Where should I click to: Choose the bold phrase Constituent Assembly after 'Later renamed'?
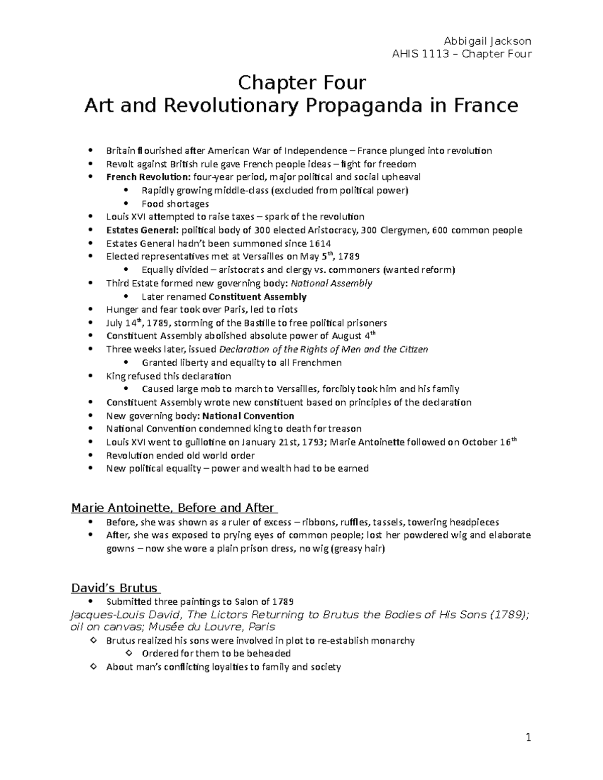click(257, 297)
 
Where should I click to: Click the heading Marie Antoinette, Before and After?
click(172, 508)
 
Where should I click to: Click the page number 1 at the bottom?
click(528, 738)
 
